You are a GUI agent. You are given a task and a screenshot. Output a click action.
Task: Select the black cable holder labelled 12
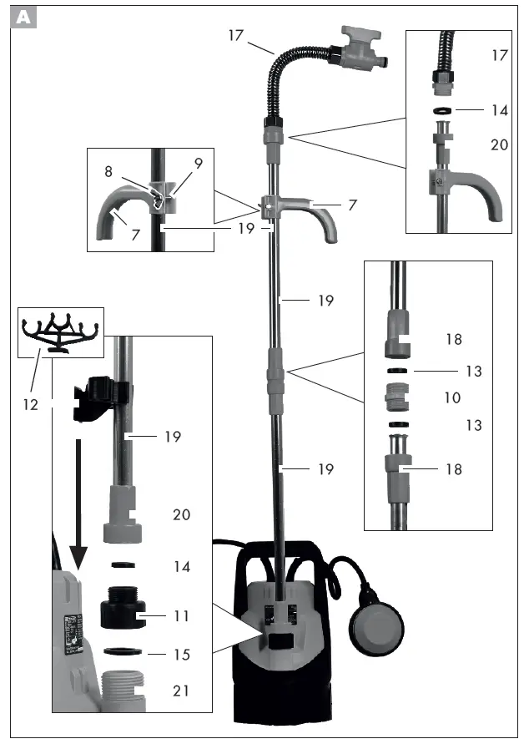click(61, 332)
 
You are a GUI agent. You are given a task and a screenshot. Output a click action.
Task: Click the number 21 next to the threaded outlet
click(181, 691)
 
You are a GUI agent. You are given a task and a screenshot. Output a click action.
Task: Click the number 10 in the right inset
click(451, 397)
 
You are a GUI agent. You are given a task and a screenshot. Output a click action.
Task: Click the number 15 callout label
click(181, 654)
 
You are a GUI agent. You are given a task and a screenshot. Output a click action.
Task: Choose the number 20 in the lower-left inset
click(181, 515)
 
